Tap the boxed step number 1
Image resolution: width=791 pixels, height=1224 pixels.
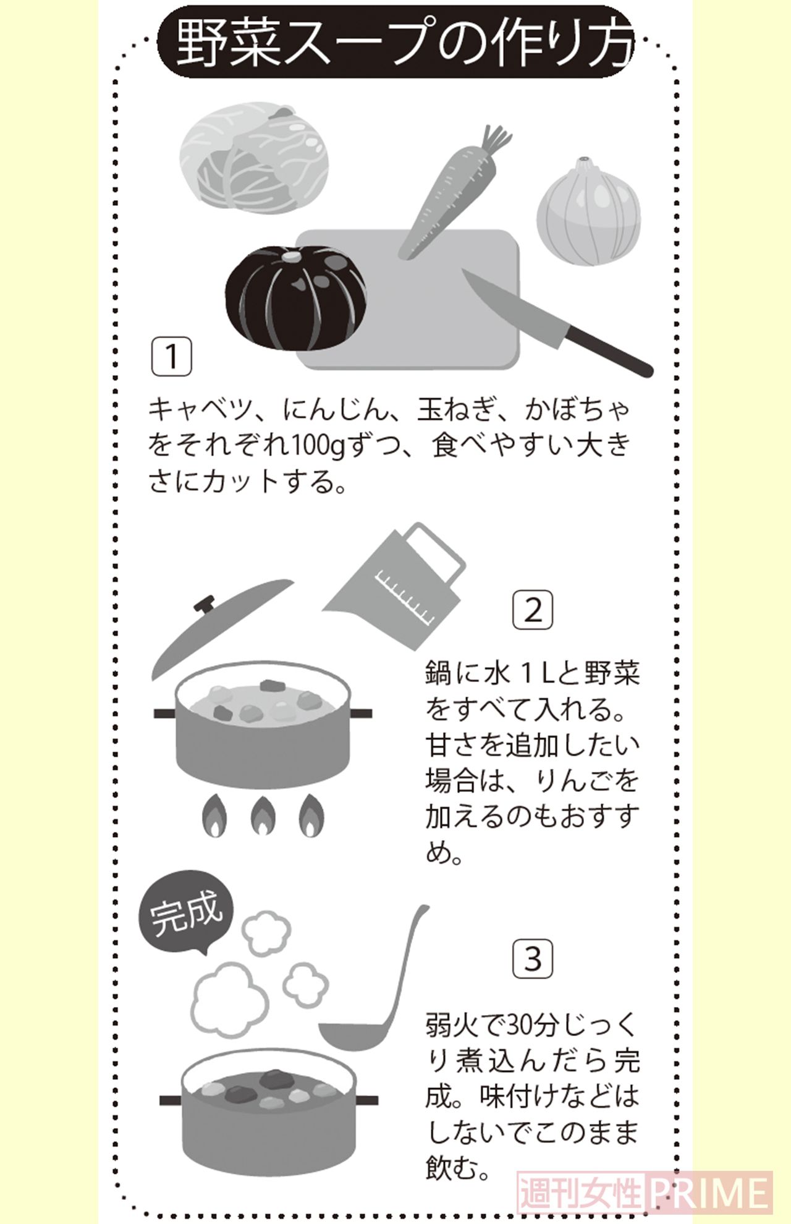(x=172, y=357)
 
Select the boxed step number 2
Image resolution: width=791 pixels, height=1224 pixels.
(x=533, y=610)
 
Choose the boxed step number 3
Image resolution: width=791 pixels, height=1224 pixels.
(x=533, y=959)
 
